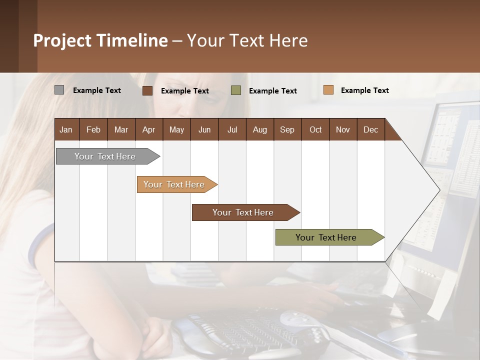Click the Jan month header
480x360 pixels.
66,129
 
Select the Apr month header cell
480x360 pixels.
149,129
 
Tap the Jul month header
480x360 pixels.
232,129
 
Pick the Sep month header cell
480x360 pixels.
287,129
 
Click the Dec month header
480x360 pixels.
370,129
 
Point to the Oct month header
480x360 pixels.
315,129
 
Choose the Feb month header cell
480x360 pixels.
93,129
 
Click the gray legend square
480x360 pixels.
59,90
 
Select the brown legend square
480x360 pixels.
147,90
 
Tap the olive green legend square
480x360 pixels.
236,90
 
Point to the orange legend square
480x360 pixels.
328,90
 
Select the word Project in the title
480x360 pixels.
62,40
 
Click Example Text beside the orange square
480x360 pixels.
364,90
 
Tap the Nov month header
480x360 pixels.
343,129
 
